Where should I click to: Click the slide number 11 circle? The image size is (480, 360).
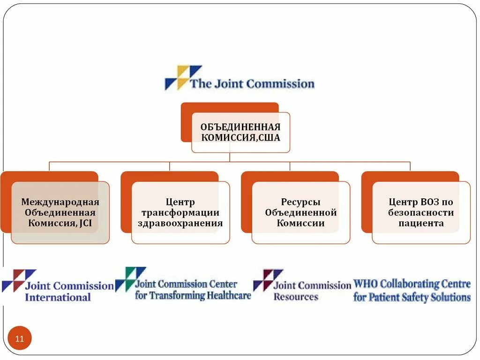click(20, 338)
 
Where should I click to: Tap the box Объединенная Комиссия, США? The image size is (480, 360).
click(240, 132)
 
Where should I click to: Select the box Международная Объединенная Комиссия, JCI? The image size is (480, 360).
click(60, 212)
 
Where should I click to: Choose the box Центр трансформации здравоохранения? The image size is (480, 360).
click(180, 212)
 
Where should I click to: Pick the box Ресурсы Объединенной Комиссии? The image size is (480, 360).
click(301, 212)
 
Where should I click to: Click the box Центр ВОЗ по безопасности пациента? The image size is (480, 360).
click(421, 212)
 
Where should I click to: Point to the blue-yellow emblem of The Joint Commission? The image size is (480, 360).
click(182, 77)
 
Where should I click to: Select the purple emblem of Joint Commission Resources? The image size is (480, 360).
click(268, 280)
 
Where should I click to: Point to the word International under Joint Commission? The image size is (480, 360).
click(58, 297)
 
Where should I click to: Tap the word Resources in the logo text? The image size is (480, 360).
click(296, 297)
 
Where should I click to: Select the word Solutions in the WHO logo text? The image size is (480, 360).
click(450, 297)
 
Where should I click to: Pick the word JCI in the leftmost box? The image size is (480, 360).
click(85, 224)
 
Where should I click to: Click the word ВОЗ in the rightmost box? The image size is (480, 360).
click(431, 202)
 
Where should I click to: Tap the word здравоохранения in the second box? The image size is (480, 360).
click(180, 223)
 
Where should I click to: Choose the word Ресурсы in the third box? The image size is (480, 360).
click(301, 202)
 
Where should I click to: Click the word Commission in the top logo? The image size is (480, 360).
click(280, 84)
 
